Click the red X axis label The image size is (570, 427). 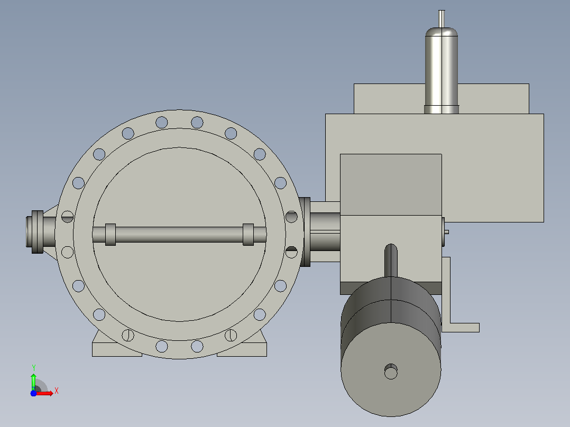pos(57,391)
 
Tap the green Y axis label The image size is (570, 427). pos(33,367)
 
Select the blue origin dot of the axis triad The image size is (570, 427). pos(33,393)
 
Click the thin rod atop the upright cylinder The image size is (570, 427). pos(442,19)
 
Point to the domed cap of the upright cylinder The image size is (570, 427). pos(442,32)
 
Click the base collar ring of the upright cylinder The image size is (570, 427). pos(442,109)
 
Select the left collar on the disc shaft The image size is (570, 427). pos(111,235)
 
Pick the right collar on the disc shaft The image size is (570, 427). pos(248,235)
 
